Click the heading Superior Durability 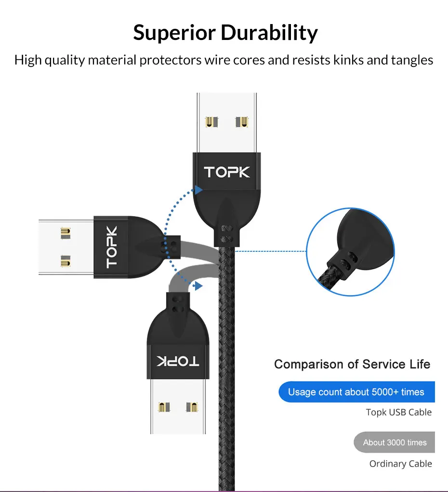click(x=225, y=33)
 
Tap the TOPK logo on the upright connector click(x=227, y=172)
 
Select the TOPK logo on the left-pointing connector click(x=112, y=247)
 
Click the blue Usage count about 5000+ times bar click(x=356, y=392)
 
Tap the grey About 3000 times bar click(x=395, y=442)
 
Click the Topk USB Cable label click(x=398, y=412)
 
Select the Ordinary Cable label click(x=400, y=464)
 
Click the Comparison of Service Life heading click(x=352, y=364)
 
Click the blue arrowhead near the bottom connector click(x=197, y=286)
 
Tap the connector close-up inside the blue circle click(x=350, y=251)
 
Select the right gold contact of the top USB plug click(x=242, y=122)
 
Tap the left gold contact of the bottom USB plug click(x=162, y=407)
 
